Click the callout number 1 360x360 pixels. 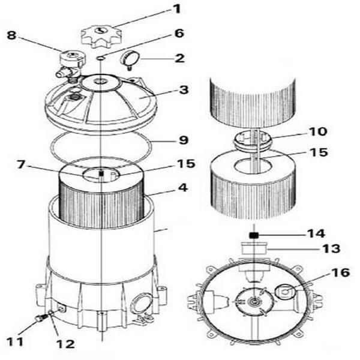click(x=176, y=10)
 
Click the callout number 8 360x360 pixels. click(x=12, y=35)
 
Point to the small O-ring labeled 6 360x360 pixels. click(x=100, y=58)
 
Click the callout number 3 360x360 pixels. click(x=184, y=90)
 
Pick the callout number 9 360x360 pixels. click(x=184, y=140)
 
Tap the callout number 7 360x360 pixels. click(x=20, y=164)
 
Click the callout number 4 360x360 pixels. click(x=183, y=188)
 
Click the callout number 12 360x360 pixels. click(x=66, y=344)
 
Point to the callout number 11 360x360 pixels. click(x=16, y=341)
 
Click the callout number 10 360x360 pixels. click(x=318, y=131)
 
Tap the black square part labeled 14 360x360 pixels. click(x=254, y=235)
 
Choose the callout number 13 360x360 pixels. click(x=331, y=248)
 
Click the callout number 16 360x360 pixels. click(x=340, y=272)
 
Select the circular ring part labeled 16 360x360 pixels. click(x=285, y=292)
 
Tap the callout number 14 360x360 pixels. click(x=316, y=233)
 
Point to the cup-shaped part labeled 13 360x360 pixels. click(x=254, y=247)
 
